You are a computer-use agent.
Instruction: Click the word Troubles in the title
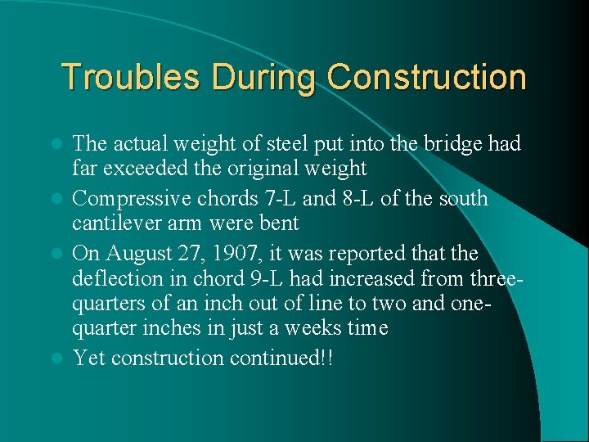click(x=131, y=77)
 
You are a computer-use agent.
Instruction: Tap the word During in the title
click(x=263, y=77)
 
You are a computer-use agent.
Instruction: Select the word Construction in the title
click(x=426, y=77)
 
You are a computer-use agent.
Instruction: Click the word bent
click(x=281, y=223)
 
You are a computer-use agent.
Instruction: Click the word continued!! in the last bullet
click(x=283, y=358)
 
